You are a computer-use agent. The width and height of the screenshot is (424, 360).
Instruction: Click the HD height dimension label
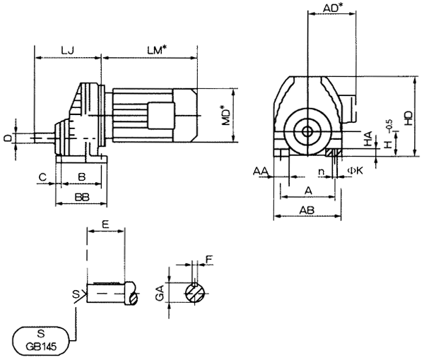click(408, 117)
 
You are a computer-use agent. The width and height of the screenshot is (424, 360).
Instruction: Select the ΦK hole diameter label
click(355, 172)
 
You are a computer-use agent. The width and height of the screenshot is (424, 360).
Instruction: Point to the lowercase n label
click(322, 172)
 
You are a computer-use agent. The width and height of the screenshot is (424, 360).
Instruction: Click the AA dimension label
click(259, 172)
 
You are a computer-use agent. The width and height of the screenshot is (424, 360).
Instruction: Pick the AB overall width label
click(307, 210)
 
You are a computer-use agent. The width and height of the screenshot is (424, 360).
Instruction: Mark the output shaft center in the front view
click(308, 131)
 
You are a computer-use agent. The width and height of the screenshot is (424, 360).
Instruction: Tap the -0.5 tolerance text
click(389, 126)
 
